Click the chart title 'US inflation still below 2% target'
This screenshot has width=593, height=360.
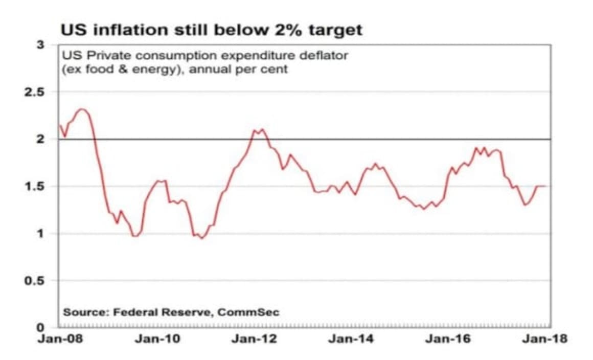pos(211,30)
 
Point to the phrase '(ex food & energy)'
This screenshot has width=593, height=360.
pos(121,69)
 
